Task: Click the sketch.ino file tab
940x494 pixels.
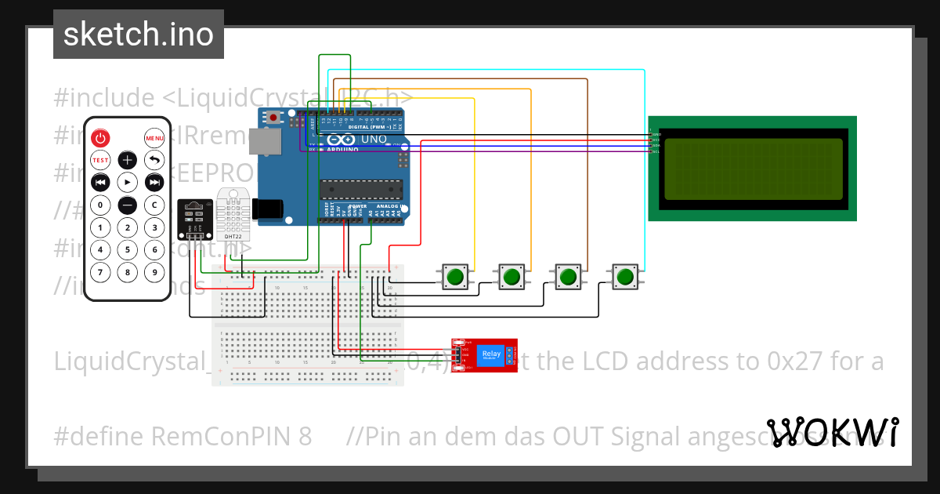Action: pyautogui.click(x=138, y=35)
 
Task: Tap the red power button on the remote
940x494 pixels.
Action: pyautogui.click(x=100, y=139)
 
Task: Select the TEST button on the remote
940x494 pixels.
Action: pyautogui.click(x=100, y=161)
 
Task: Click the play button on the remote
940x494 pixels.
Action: pyautogui.click(x=127, y=183)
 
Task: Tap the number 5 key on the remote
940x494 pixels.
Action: pyautogui.click(x=127, y=250)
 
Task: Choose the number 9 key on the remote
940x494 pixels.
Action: pyautogui.click(x=154, y=273)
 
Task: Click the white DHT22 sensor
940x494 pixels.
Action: pyautogui.click(x=233, y=213)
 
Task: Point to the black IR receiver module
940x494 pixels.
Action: pyautogui.click(x=193, y=219)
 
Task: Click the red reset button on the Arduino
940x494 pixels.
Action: pyautogui.click(x=273, y=118)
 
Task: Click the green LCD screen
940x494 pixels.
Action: pyautogui.click(x=752, y=168)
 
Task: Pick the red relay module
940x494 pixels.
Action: pyautogui.click(x=485, y=354)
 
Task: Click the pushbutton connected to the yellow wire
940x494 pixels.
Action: pyautogui.click(x=455, y=277)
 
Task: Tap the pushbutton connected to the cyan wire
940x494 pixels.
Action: pyautogui.click(x=624, y=277)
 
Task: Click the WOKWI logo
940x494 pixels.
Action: pyautogui.click(x=832, y=433)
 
